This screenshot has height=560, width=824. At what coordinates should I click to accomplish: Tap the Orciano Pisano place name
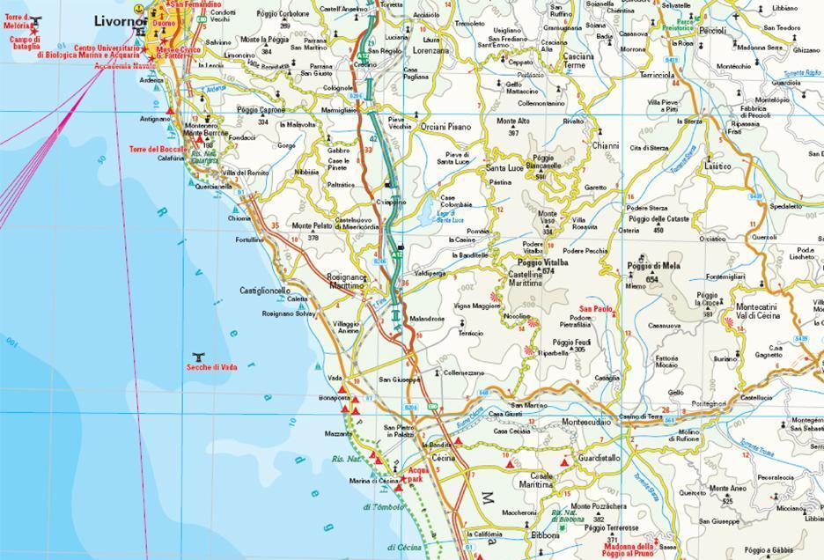(x=445, y=127)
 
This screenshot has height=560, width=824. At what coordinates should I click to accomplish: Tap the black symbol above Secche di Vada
(x=199, y=357)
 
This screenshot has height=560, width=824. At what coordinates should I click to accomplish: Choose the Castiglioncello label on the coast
(x=265, y=290)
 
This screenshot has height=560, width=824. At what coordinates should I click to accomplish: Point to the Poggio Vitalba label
(x=542, y=263)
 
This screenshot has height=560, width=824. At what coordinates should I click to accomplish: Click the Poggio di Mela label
(x=653, y=266)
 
